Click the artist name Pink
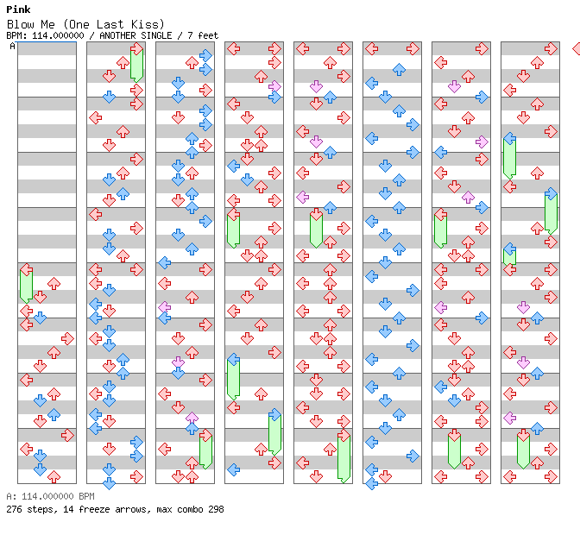pos(18,9)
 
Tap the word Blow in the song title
pos(21,24)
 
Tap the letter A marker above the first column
pos(12,47)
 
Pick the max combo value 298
pos(216,509)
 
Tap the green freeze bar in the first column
pos(26,285)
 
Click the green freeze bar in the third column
pos(205,451)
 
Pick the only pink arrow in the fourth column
pos(274,86)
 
